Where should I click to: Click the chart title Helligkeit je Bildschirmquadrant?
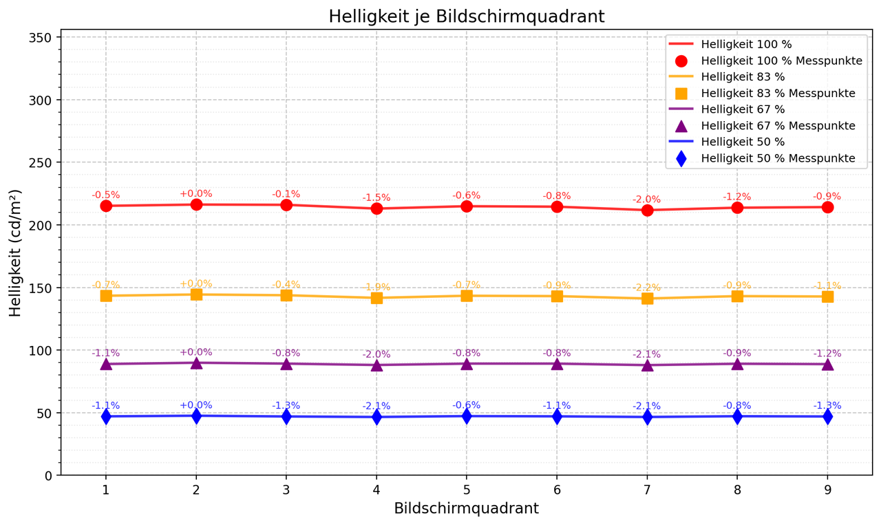pos(466,17)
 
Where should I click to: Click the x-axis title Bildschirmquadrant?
pos(466,508)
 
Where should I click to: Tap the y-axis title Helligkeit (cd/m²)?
pos(16,253)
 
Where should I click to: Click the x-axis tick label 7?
pos(647,489)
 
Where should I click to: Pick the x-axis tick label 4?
pos(376,489)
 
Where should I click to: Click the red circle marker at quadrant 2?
pos(196,204)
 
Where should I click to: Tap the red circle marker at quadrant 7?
pos(647,210)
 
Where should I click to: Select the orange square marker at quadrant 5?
pos(467,296)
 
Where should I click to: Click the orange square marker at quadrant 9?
pos(827,297)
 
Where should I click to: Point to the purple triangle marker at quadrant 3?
pos(286,363)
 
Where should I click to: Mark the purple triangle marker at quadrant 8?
pos(737,363)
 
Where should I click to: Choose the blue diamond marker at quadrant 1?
pos(106,416)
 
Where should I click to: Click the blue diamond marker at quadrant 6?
pos(557,416)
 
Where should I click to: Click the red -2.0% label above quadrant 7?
pos(647,200)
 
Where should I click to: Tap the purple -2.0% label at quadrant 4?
pos(376,354)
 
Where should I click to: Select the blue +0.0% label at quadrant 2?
pos(196,405)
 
